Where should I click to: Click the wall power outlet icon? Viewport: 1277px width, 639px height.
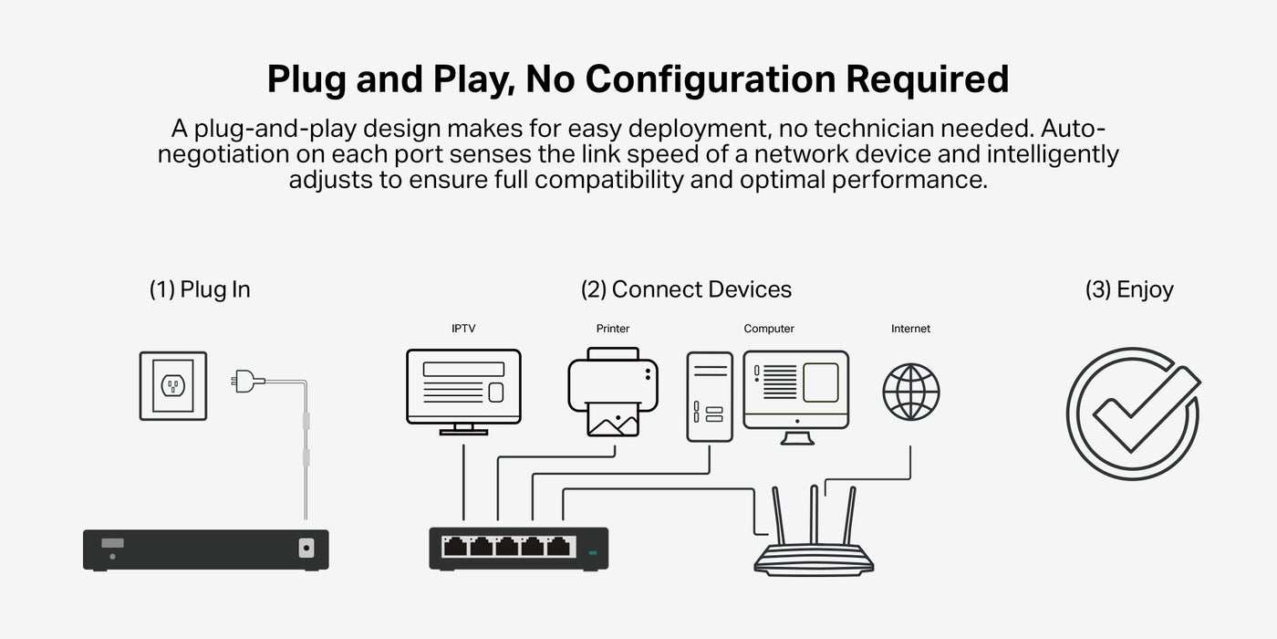point(173,386)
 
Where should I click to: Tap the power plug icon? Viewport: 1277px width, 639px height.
point(247,382)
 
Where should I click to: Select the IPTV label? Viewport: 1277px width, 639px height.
point(463,329)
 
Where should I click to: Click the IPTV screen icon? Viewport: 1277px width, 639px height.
point(463,392)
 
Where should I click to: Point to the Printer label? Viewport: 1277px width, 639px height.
point(613,329)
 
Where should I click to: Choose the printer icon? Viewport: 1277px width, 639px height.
point(613,392)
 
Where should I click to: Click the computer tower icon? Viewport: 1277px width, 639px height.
point(710,396)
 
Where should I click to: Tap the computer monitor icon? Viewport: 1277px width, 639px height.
point(796,397)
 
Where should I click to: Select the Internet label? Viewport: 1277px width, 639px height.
point(910,329)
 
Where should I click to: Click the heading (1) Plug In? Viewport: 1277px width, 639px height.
point(200,289)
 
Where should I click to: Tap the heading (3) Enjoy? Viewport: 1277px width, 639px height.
point(1129,290)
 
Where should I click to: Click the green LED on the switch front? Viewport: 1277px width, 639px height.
point(593,552)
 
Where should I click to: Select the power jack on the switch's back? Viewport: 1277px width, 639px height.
point(306,549)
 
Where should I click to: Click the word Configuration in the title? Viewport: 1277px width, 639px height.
point(710,80)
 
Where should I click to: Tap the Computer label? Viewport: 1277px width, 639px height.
point(768,329)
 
